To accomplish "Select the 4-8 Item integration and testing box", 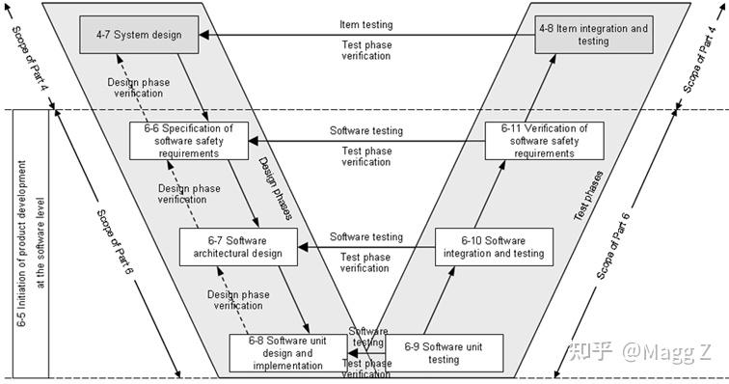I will (x=592, y=35).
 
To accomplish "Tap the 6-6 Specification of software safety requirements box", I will (x=188, y=140).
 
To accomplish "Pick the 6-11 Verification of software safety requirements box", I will (x=544, y=140).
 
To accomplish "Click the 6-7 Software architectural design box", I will (x=237, y=247).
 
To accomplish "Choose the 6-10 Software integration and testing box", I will (x=494, y=247).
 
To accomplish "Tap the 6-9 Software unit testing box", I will (x=444, y=352).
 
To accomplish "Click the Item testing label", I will (x=366, y=24).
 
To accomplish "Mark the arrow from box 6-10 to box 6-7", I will (x=366, y=247).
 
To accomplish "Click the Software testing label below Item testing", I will (x=366, y=130).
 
